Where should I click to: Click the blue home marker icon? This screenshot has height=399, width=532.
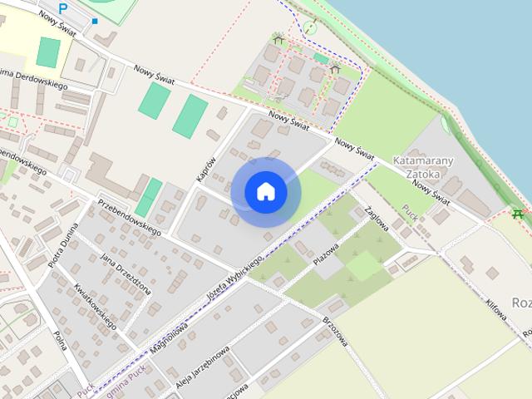point(266,191)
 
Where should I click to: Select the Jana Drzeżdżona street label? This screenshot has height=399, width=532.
point(126,274)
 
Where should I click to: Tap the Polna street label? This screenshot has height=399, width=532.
point(60,341)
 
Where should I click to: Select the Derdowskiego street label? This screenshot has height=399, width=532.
point(33,80)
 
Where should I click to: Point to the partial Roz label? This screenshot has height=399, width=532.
point(521,303)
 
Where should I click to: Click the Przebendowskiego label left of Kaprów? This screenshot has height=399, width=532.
point(129,214)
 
